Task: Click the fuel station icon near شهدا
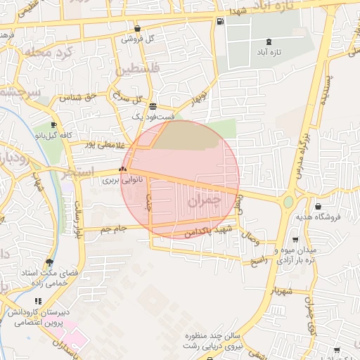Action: click(x=221, y=21)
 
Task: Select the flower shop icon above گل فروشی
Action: click(x=136, y=29)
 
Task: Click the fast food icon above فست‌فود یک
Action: click(x=153, y=106)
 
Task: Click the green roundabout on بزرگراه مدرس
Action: click(x=288, y=202)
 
